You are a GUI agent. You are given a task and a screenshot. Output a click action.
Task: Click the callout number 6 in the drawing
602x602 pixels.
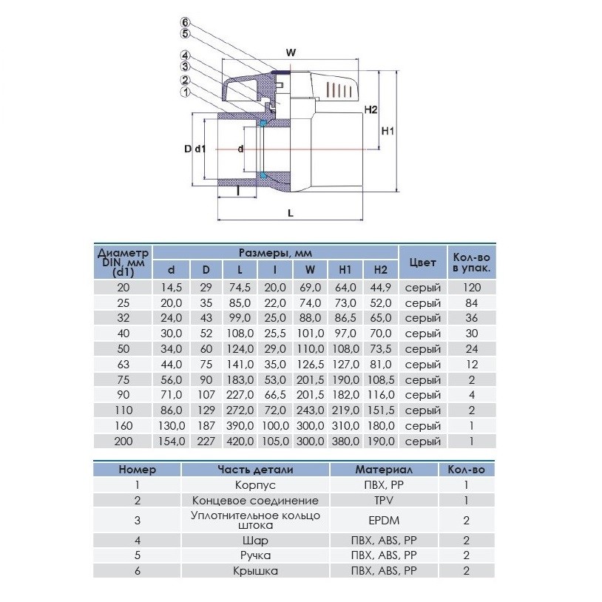click(185, 22)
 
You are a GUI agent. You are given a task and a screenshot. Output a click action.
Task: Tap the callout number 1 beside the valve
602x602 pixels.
click(185, 92)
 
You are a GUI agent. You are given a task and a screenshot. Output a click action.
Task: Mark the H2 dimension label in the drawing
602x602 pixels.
click(371, 109)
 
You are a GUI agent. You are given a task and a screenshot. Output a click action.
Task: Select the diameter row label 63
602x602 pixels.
click(124, 364)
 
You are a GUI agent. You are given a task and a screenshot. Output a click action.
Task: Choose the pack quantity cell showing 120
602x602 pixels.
click(470, 287)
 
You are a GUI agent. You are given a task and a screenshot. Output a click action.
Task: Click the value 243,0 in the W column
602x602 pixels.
click(311, 410)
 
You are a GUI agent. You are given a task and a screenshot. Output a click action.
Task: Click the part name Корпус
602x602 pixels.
click(256, 485)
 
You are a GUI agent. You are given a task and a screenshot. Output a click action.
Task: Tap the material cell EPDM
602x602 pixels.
click(384, 521)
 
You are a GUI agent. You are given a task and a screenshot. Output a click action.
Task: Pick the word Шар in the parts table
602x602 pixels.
click(256, 541)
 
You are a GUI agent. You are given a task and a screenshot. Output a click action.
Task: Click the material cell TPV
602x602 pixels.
click(384, 501)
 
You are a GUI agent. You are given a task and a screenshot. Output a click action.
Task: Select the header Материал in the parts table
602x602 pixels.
click(384, 469)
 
